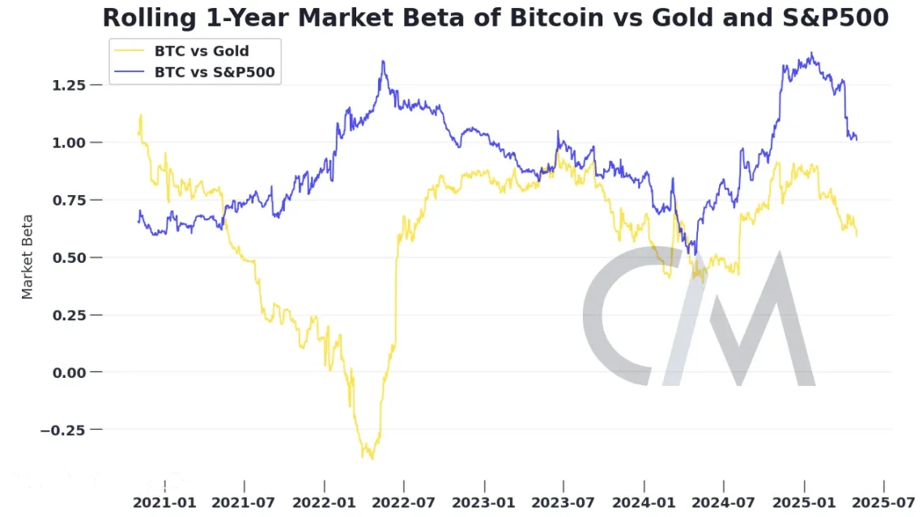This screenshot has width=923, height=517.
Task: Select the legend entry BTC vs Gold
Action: pos(202,52)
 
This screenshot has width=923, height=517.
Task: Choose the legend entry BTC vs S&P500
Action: pos(215,72)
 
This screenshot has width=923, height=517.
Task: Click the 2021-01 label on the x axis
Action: pos(165,502)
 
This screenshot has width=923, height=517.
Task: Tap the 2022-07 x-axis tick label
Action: pos(404,502)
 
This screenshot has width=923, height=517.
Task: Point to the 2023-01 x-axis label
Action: pos(484,502)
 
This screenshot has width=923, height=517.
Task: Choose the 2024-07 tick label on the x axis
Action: pos(724,502)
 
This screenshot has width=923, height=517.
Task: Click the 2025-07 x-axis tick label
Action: pos(883,502)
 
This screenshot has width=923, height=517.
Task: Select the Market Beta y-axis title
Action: pos(28,256)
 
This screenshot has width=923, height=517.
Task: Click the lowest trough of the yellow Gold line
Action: pos(372,459)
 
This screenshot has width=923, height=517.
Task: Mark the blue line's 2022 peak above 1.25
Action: pos(383,61)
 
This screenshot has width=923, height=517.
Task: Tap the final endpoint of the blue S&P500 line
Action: pos(857,139)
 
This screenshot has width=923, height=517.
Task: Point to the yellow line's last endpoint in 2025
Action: pos(857,235)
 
